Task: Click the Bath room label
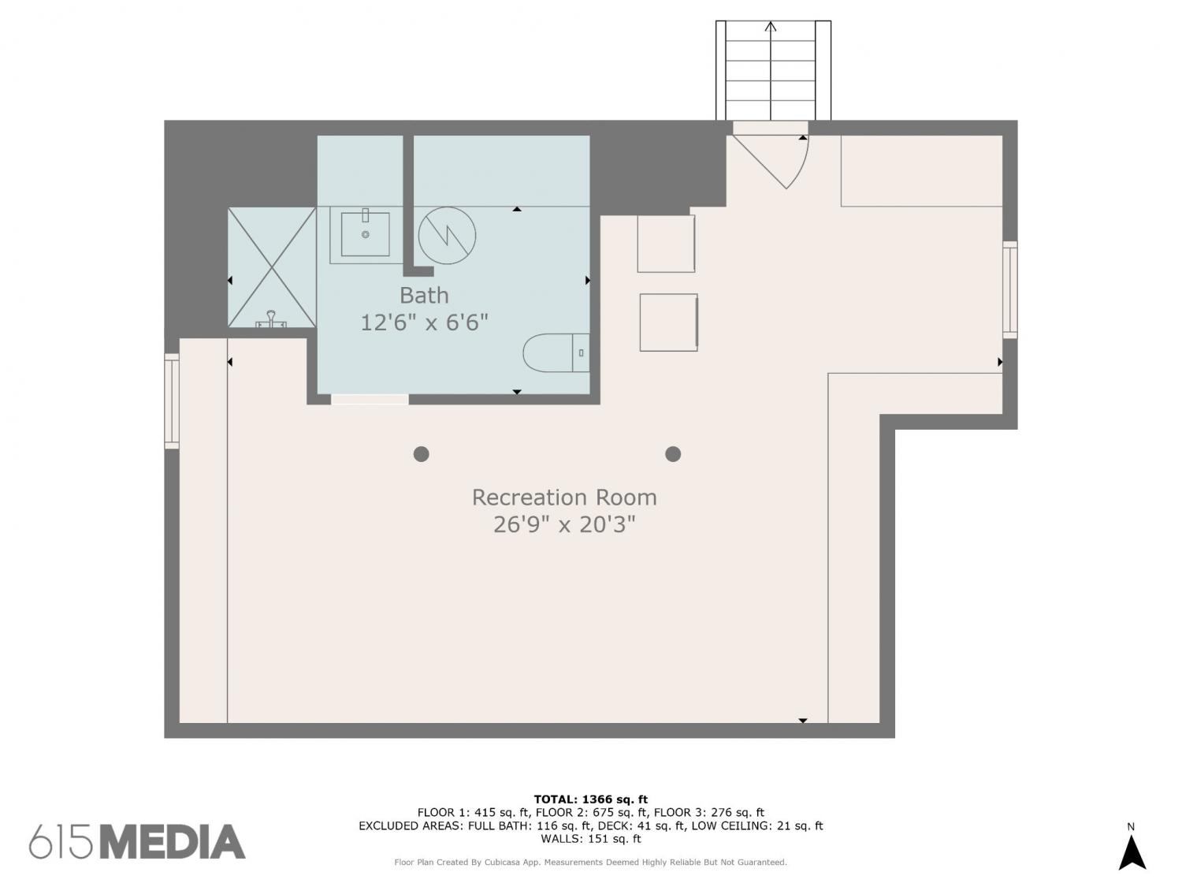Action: (x=424, y=295)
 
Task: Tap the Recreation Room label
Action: (x=563, y=497)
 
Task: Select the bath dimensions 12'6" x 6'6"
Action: (x=424, y=322)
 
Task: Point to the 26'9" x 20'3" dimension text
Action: (x=563, y=524)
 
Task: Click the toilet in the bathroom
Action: (x=556, y=352)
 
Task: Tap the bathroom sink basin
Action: (x=365, y=233)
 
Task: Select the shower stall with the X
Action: (x=272, y=267)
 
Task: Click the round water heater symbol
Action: (x=447, y=235)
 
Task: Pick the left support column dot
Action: (x=421, y=454)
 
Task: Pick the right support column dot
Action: (x=673, y=454)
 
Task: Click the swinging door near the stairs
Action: (x=775, y=162)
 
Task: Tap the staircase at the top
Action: (x=773, y=70)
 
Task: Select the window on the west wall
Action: (x=172, y=401)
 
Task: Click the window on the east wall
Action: (x=1009, y=289)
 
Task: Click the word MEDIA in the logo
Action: (x=173, y=842)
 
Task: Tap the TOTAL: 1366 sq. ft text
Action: (x=591, y=799)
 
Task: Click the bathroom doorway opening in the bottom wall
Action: (x=370, y=399)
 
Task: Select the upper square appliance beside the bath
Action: (x=666, y=244)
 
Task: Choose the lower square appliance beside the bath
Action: (x=669, y=322)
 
